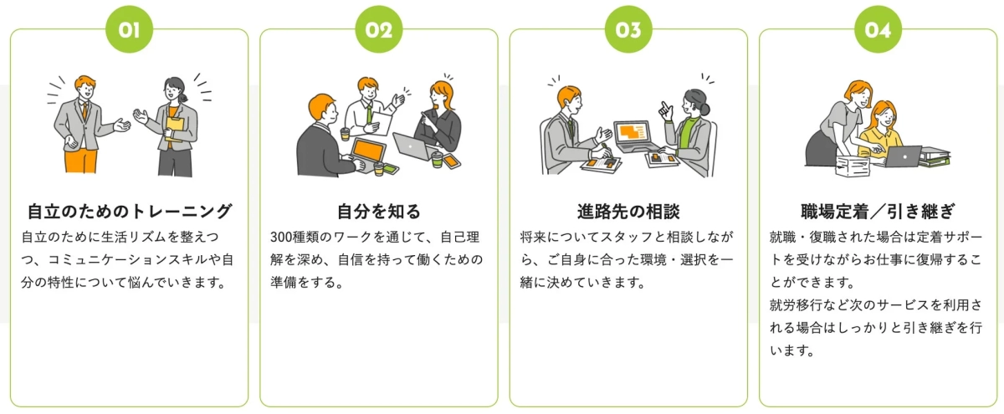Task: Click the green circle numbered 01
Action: tap(129, 31)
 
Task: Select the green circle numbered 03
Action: tap(628, 31)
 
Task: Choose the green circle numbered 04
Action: tap(878, 31)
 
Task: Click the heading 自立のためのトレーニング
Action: tap(129, 210)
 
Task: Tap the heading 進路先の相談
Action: tap(628, 210)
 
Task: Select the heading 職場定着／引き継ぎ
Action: tap(878, 210)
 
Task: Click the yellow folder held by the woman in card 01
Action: tap(175, 125)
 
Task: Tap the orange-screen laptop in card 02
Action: tap(367, 150)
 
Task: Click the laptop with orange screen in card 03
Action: tap(633, 133)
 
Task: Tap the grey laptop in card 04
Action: tap(901, 156)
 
